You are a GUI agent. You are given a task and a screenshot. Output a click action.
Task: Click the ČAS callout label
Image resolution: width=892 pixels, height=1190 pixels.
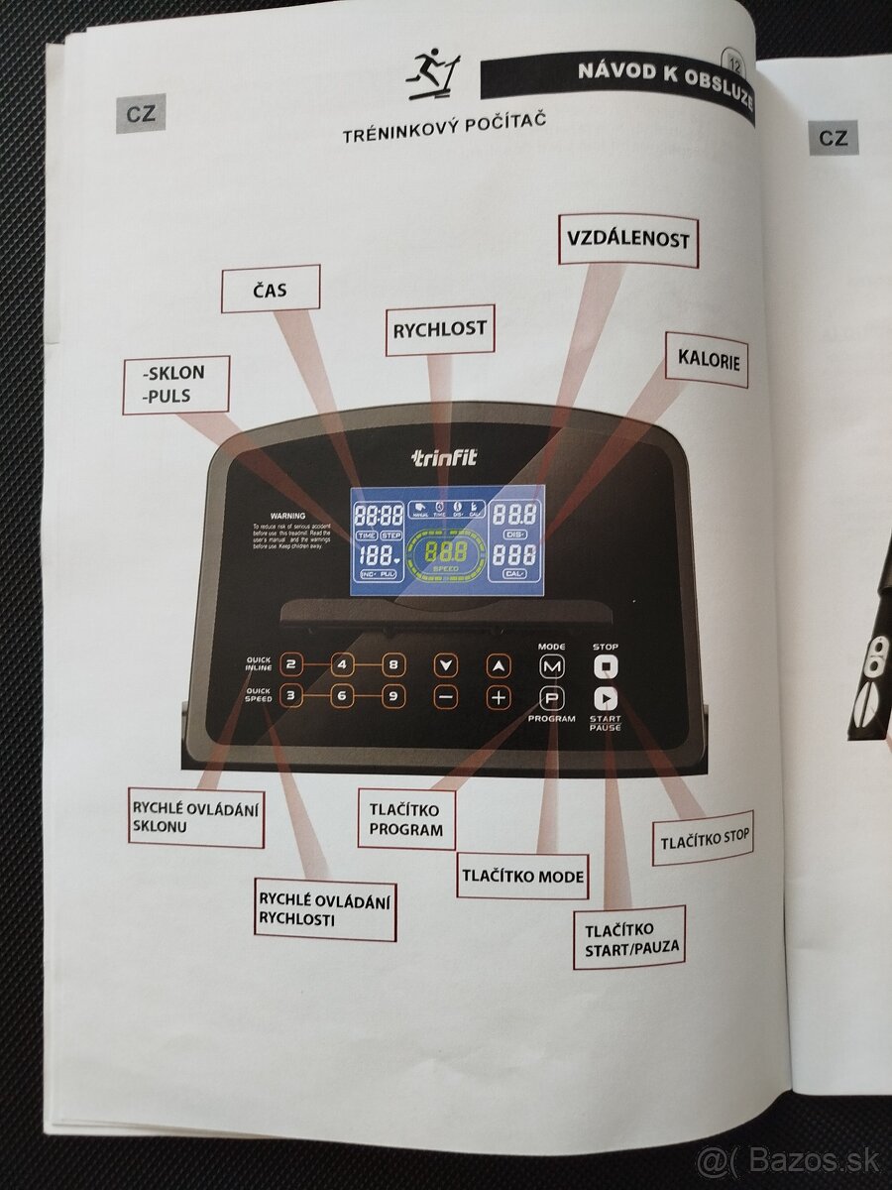point(271,289)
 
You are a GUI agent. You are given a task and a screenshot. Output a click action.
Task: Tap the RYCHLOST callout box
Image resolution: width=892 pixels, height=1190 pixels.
point(439,330)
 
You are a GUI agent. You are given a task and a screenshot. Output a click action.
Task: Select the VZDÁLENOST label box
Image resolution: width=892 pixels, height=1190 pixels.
point(627,239)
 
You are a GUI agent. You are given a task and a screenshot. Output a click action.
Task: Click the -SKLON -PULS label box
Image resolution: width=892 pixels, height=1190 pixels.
point(176,385)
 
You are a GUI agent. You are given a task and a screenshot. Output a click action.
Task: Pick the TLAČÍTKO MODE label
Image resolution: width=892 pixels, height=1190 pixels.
point(521,876)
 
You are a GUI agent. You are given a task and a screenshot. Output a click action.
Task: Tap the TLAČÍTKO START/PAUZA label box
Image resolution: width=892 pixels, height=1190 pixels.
point(628,939)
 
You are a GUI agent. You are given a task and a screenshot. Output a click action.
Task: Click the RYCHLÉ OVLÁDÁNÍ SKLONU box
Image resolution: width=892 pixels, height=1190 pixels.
point(196,816)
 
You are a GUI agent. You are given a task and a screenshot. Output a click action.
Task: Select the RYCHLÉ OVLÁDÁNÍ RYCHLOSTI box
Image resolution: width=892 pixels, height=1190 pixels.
point(310,909)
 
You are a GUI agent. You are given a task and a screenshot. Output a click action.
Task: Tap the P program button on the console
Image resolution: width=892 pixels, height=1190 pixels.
point(551,696)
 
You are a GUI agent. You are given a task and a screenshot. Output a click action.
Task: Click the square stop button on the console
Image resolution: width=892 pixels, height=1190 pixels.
point(605,665)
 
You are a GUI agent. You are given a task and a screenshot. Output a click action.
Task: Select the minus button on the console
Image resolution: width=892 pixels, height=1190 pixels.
point(446,696)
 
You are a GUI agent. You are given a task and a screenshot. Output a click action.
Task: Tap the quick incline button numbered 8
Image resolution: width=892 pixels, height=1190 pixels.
point(393,664)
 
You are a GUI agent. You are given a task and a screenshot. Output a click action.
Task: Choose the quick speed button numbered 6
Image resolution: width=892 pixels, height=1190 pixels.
point(341,696)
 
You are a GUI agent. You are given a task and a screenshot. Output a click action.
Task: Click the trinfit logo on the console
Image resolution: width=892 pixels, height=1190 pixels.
point(444,458)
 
